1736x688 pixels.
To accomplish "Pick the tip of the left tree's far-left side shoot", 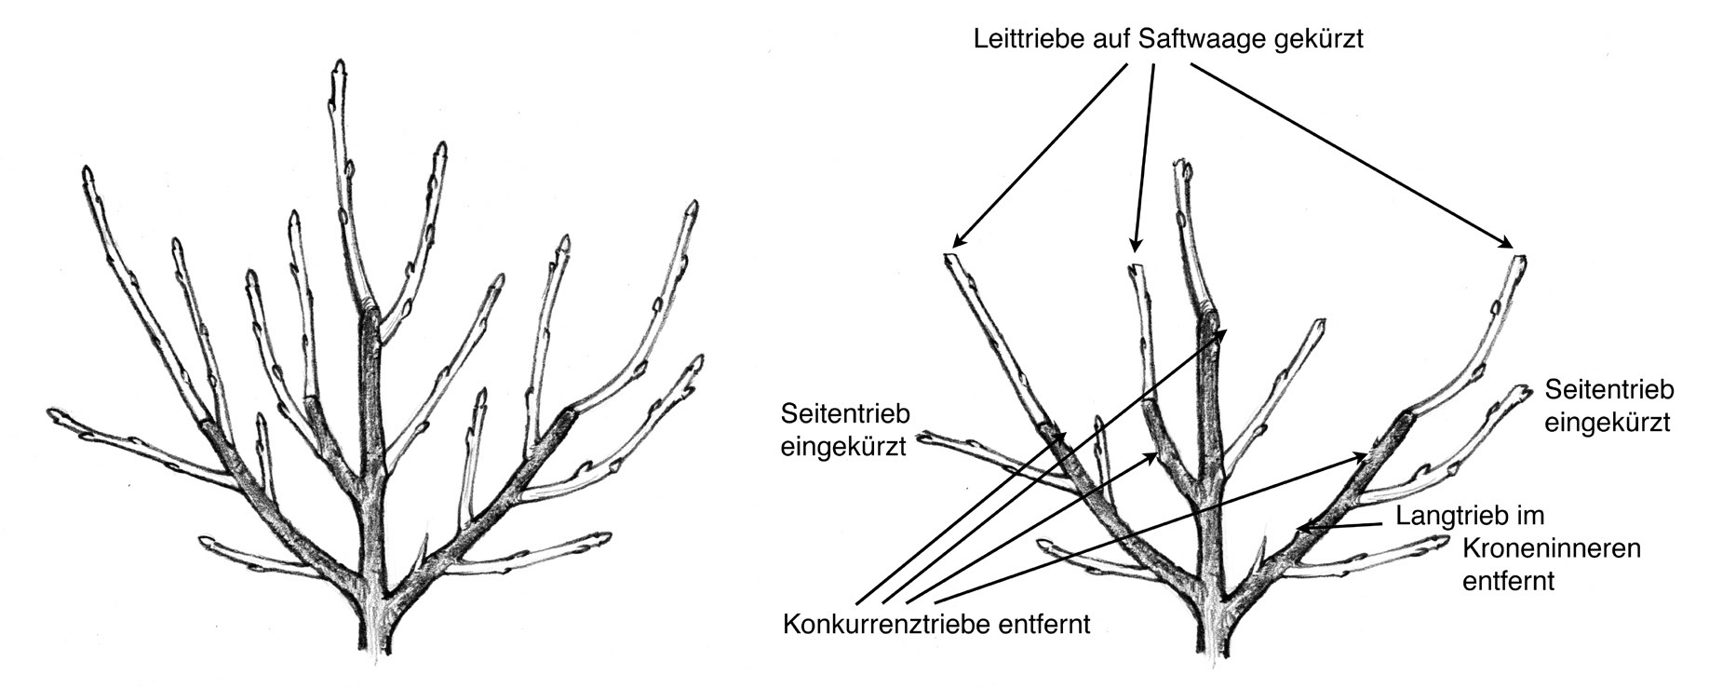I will click(x=53, y=412).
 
